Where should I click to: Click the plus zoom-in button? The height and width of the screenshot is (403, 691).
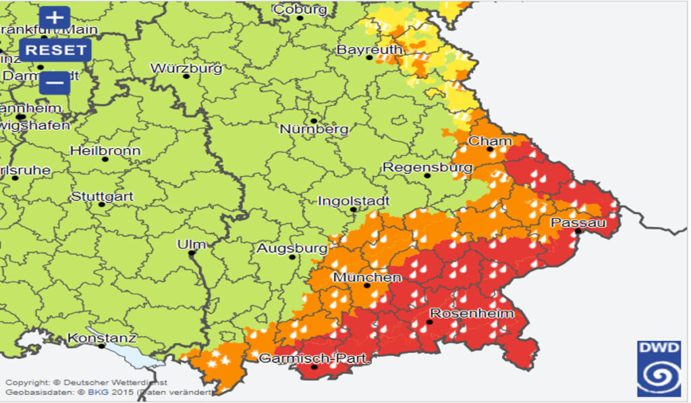point(55,18)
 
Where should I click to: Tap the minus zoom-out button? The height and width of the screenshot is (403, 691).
point(55,83)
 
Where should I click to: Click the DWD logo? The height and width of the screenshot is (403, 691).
point(659,368)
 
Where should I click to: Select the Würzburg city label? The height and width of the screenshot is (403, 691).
point(186,68)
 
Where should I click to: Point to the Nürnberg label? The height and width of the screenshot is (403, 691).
point(314,129)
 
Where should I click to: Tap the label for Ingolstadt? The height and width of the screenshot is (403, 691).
point(354,200)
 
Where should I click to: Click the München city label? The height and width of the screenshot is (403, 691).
point(367,277)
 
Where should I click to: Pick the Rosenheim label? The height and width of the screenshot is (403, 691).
point(472,313)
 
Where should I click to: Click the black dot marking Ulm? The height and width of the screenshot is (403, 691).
point(192,254)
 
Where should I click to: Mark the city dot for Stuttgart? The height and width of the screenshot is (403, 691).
point(102,204)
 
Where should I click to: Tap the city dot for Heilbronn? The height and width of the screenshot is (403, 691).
point(105,159)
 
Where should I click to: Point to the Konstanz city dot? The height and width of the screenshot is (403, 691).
point(102,346)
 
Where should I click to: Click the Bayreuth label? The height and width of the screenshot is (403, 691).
point(369,50)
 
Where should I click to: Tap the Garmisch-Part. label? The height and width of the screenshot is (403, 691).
point(314,358)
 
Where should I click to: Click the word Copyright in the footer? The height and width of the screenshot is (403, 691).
point(27,383)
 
